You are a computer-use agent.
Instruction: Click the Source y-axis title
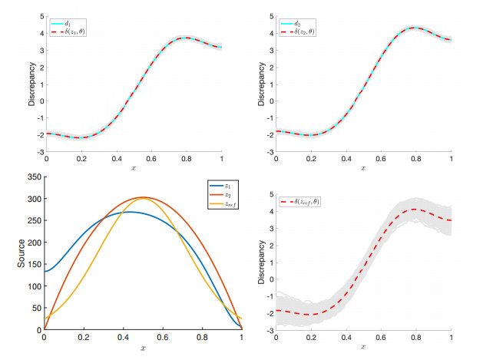(22, 253)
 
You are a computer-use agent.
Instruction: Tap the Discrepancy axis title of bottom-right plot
(261, 261)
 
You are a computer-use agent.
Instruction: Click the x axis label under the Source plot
(143, 349)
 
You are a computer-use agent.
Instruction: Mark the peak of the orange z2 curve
(144, 197)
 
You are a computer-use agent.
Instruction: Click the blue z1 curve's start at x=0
(45, 271)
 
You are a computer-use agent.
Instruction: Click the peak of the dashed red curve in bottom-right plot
(414, 210)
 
